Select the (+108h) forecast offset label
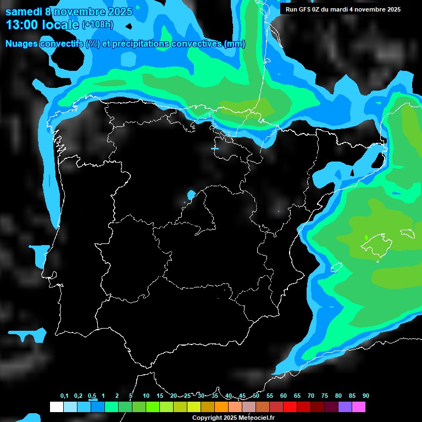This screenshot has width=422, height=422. (x=98, y=25)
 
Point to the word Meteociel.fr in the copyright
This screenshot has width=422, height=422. (x=260, y=418)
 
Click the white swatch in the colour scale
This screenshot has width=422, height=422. (x=56, y=407)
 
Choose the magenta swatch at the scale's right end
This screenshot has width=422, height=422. (x=358, y=407)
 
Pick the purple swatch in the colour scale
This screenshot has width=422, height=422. (x=345, y=407)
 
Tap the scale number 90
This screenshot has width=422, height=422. (x=365, y=396)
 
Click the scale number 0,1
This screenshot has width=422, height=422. (x=64, y=396)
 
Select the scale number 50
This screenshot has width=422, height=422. (x=256, y=396)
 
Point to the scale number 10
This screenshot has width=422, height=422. (x=146, y=396)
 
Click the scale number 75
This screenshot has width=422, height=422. (x=324, y=396)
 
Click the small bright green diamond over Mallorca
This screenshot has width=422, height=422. (x=367, y=237)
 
